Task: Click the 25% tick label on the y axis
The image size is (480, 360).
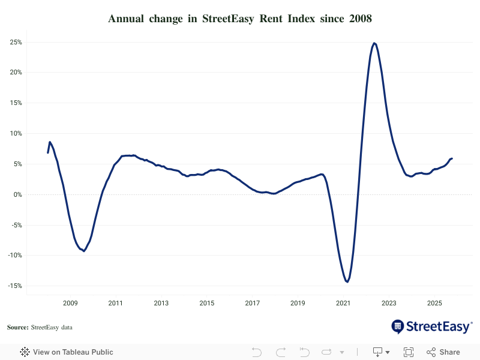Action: click(16, 42)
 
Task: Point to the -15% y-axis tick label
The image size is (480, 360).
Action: click(14, 286)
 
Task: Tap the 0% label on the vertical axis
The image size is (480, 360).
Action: click(17, 194)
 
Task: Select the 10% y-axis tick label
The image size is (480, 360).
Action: click(16, 133)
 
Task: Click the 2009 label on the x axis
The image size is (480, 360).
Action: click(70, 303)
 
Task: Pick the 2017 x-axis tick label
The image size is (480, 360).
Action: click(253, 303)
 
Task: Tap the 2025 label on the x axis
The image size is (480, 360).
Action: click(434, 303)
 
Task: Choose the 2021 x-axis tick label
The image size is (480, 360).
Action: click(343, 303)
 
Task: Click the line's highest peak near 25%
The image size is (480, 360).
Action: click(374, 43)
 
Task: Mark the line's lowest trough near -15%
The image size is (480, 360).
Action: click(347, 281)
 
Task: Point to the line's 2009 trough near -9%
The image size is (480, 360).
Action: click(84, 251)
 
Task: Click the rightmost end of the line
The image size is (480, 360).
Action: click(452, 158)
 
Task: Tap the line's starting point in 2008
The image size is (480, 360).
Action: click(48, 152)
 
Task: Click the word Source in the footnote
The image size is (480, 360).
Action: click(17, 327)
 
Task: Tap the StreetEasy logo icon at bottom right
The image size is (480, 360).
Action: click(398, 326)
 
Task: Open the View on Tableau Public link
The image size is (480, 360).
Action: click(73, 352)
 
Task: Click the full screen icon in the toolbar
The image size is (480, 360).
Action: click(409, 352)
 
